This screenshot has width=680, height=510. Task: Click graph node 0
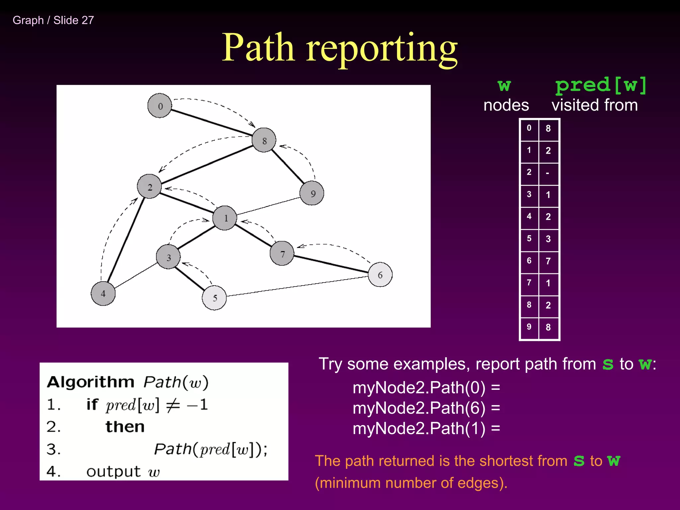tap(160, 106)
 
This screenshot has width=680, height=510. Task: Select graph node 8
tap(264, 140)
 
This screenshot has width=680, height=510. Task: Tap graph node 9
tap(312, 193)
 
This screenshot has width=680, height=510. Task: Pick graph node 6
tap(380, 275)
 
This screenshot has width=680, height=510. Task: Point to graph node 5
tap(214, 297)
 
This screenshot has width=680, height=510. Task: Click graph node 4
tap(103, 294)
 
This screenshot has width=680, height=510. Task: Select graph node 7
tap(282, 254)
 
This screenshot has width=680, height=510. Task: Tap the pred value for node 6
tap(548, 261)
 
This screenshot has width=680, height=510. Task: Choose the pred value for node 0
tap(548, 128)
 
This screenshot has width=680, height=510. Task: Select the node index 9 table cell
tap(529, 327)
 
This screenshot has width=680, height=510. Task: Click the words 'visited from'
tap(594, 105)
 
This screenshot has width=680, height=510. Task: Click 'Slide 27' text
tap(74, 20)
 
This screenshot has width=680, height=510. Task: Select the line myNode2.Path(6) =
tap(426, 408)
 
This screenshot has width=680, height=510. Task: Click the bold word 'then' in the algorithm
tap(125, 427)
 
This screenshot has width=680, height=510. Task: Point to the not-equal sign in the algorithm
tap(173, 405)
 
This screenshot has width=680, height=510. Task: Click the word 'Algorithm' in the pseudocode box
tap(90, 382)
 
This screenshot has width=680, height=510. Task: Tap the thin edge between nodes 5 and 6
tap(297, 286)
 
